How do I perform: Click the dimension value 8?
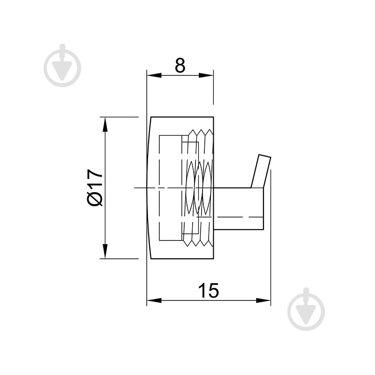(x=180, y=65)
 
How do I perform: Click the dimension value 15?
(x=209, y=290)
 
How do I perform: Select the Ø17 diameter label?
(x=95, y=187)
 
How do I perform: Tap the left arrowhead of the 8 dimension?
(x=154, y=75)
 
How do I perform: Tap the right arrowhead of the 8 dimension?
(x=206, y=75)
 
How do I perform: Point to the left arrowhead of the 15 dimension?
(x=154, y=300)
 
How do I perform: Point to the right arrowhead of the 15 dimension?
(x=263, y=300)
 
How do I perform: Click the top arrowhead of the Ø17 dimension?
(x=105, y=124)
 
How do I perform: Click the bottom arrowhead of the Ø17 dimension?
(x=105, y=251)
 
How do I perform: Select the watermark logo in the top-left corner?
(x=62, y=65)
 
